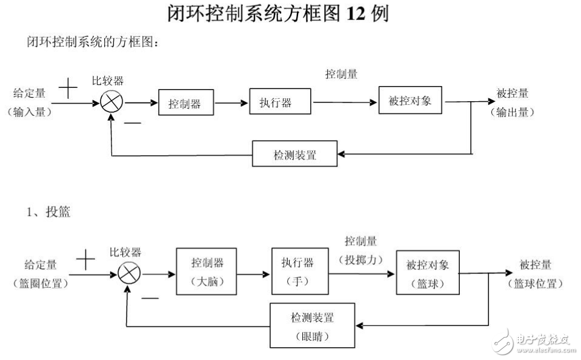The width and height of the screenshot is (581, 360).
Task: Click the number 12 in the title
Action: click(356, 14)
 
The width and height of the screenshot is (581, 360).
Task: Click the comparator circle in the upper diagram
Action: click(111, 102)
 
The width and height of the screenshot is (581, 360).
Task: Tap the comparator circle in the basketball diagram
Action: click(128, 275)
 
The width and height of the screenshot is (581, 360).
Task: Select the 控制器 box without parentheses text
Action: click(187, 103)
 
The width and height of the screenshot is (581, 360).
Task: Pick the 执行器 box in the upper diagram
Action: click(280, 102)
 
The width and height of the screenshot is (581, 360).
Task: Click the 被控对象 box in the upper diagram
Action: click(410, 101)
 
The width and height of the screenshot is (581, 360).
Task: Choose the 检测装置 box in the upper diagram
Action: click(294, 155)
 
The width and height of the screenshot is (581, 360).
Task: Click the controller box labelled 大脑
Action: click(207, 272)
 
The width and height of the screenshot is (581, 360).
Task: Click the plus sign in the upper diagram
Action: click(68, 90)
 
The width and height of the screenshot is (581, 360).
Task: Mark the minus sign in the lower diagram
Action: click(150, 298)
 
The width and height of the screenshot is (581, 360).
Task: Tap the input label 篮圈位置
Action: click(41, 282)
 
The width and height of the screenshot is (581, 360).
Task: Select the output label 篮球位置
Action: click(535, 283)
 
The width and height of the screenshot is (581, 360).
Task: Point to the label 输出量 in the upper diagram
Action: click(513, 112)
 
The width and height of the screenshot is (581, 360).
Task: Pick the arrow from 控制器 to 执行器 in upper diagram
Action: click(231, 102)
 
